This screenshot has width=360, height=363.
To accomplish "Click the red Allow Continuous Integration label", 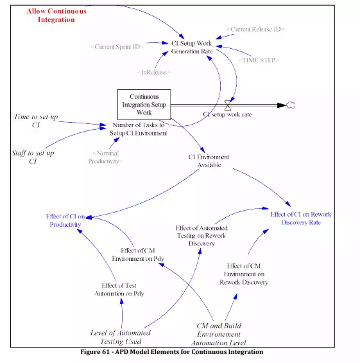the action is tap(56, 15).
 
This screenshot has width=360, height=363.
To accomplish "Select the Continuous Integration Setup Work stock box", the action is tap(144, 105).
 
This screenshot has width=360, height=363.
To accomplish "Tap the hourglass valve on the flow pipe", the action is tap(228, 105).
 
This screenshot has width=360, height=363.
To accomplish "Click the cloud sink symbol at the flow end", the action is tap(291, 105).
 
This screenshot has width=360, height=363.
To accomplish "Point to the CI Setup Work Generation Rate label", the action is tap(192, 48).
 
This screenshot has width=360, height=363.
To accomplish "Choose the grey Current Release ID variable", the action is tap(255, 29).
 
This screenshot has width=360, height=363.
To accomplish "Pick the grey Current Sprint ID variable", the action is tap(117, 47).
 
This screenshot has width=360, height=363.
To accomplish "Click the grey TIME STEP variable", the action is tap(259, 60).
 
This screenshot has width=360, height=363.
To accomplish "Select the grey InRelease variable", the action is tap(153, 72).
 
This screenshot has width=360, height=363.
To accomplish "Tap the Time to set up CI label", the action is tap(36, 121).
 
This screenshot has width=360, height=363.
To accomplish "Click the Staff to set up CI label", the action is tap(33, 157).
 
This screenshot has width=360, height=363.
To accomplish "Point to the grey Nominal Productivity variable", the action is tap(105, 157).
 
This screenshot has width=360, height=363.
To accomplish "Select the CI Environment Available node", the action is tap(209, 161).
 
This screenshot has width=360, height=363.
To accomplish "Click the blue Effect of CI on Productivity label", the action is tap(65, 220).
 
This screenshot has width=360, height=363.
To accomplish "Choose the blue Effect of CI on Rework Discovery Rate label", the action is tap(301, 218).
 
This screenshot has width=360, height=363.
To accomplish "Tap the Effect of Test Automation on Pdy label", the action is tap(119, 289).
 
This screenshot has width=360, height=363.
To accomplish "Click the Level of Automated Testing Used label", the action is tap(121, 337).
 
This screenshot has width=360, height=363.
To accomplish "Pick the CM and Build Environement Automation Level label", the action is tap(219, 334).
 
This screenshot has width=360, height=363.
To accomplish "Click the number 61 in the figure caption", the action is tap(106, 352).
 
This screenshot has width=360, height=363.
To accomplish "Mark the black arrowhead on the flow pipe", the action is tap(282, 105).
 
